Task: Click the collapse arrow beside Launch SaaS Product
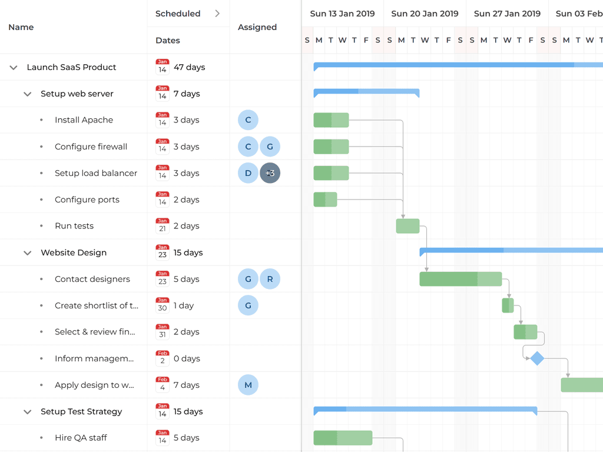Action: click(x=14, y=68)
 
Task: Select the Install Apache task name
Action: click(x=84, y=120)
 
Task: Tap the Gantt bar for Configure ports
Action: click(x=325, y=200)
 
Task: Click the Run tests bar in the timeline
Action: click(x=407, y=226)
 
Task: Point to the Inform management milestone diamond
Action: click(x=537, y=358)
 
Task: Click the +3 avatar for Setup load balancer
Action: click(x=270, y=173)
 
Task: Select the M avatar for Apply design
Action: click(x=248, y=385)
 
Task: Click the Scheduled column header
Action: click(x=178, y=14)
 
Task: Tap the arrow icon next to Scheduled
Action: click(x=217, y=14)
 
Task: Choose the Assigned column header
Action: click(x=257, y=27)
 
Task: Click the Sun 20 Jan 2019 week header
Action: click(x=425, y=14)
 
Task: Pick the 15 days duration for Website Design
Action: click(x=188, y=252)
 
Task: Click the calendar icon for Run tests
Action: click(x=163, y=226)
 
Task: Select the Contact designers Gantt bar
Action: click(x=460, y=279)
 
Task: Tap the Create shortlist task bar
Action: click(x=508, y=305)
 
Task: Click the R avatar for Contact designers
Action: click(x=270, y=279)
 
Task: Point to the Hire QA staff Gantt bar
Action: click(x=343, y=438)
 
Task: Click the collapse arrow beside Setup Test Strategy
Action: click(x=27, y=412)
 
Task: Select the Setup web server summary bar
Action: click(x=366, y=92)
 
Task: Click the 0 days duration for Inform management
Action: click(x=187, y=358)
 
